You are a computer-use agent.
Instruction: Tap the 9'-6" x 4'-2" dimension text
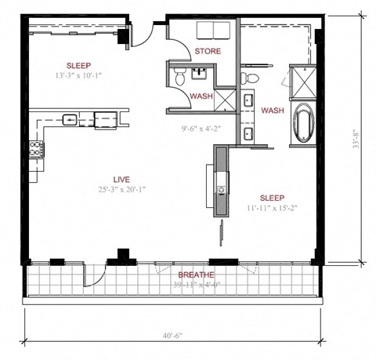pyautogui.click(x=201, y=121)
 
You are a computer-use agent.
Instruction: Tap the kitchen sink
pyautogui.click(x=70, y=120)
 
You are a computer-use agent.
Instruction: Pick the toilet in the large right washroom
pyautogui.click(x=249, y=77)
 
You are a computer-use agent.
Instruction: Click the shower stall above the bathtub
pyautogui.click(x=302, y=82)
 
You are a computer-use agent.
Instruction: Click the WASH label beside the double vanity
pyautogui.click(x=272, y=110)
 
